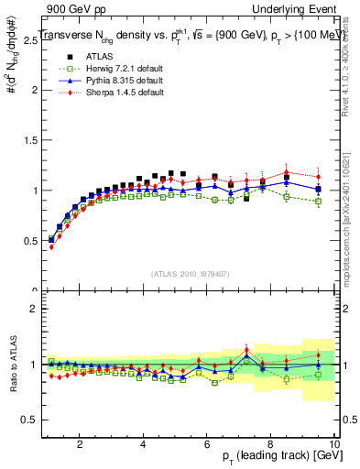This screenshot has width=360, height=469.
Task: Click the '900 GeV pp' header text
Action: [68, 8]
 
